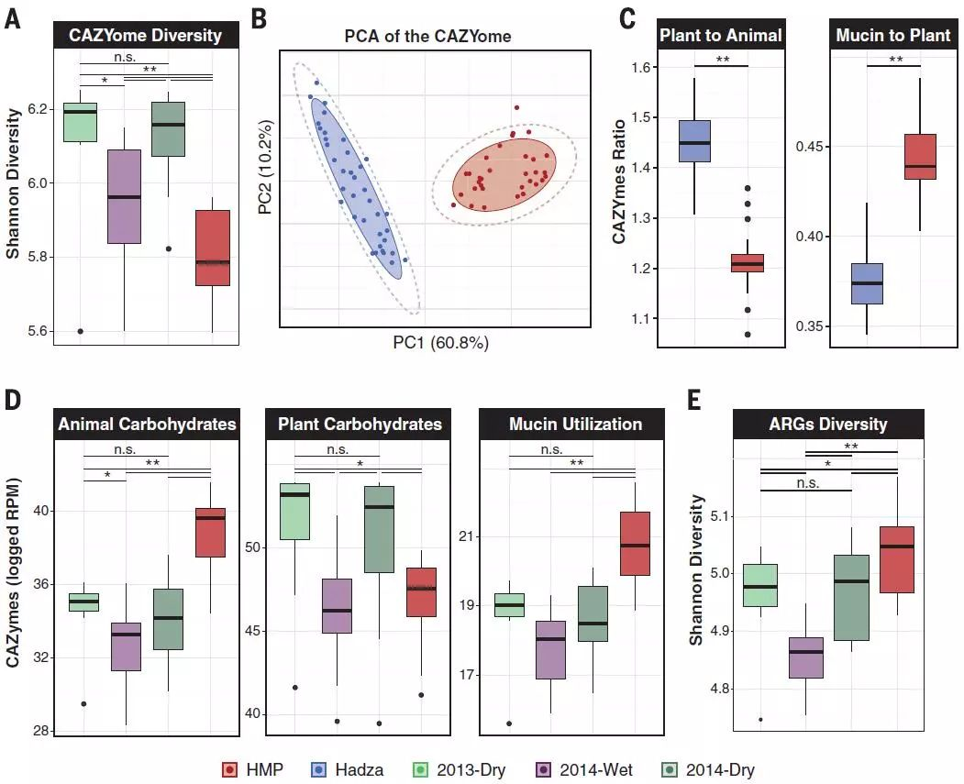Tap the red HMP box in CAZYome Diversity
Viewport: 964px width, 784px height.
[x=213, y=248]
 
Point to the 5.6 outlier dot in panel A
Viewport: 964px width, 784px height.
[x=81, y=331]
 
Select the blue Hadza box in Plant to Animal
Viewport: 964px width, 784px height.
[x=694, y=141]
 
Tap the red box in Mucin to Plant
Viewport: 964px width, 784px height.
[x=919, y=157]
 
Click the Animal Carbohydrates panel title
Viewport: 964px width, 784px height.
[x=147, y=425]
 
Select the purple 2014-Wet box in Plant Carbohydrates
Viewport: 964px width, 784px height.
[x=337, y=605]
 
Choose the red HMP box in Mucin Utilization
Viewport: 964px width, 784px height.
[x=635, y=543]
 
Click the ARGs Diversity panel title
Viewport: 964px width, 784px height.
[x=828, y=425]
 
